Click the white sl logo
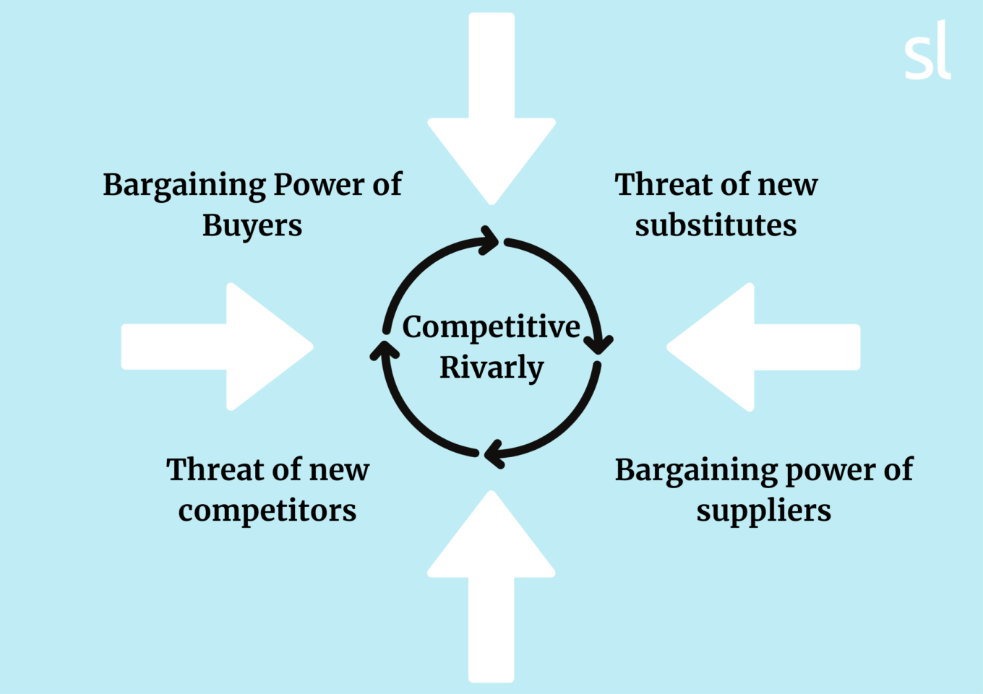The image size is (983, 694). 927,51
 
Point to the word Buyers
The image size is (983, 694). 252,225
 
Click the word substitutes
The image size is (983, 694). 716,225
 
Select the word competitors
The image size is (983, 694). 267,511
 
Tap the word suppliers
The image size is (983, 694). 763,511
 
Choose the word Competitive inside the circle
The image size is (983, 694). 491,327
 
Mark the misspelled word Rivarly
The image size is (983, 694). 491,368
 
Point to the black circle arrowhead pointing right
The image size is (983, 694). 489,240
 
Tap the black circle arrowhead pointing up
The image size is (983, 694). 385,350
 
